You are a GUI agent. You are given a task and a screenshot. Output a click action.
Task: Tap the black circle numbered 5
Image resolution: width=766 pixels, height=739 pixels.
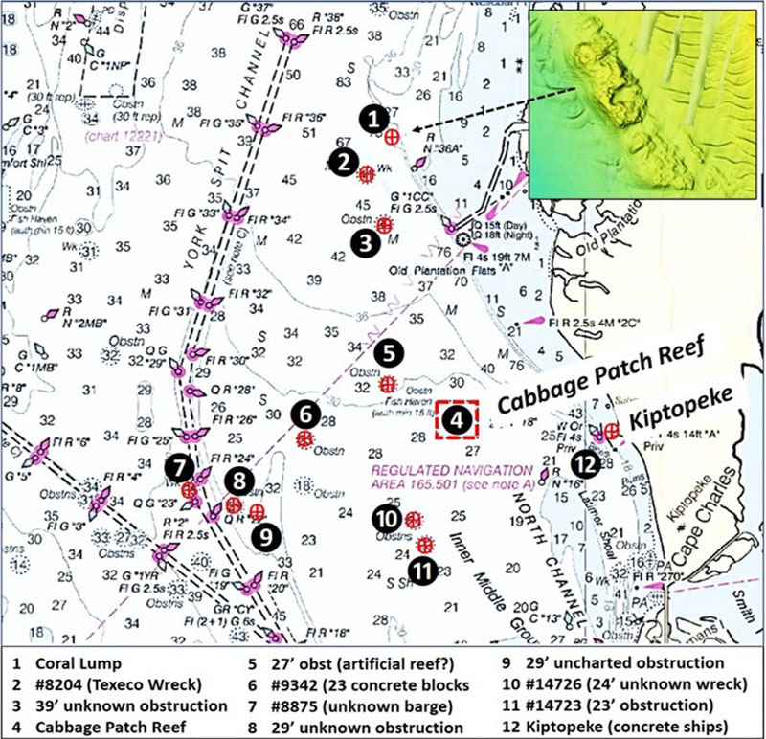(388, 352)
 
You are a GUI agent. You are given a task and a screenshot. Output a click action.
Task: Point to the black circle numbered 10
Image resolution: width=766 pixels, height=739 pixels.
(385, 519)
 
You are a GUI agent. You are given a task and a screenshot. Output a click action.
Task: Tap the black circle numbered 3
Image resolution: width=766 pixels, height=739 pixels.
(363, 243)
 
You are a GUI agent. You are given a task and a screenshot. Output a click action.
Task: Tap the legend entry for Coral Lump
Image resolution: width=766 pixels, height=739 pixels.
(71, 662)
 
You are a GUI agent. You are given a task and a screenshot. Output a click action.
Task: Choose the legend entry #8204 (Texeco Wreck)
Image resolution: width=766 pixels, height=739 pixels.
(105, 684)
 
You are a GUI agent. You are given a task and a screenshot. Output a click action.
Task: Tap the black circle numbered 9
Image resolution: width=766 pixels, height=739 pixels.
(266, 535)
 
